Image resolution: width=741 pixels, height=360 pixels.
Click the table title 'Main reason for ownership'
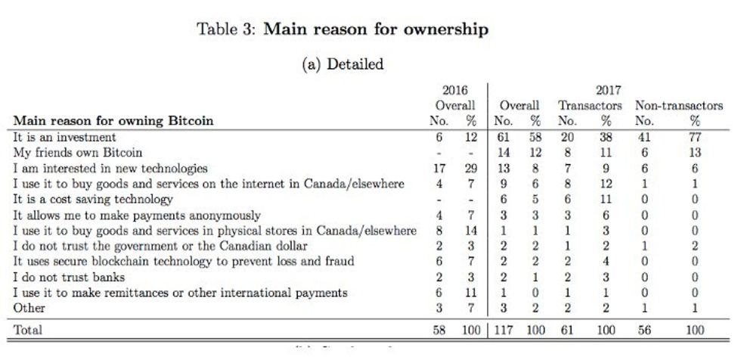click(x=376, y=29)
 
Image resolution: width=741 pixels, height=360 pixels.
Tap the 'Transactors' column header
click(x=590, y=105)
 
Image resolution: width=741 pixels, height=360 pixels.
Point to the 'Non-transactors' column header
click(x=679, y=105)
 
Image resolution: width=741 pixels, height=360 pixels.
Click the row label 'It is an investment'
click(x=65, y=137)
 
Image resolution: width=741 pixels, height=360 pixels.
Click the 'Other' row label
click(x=29, y=308)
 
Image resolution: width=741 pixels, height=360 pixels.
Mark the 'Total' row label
click(x=28, y=330)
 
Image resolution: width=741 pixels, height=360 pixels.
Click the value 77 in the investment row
click(x=695, y=137)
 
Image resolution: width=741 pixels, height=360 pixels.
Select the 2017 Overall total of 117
click(x=503, y=330)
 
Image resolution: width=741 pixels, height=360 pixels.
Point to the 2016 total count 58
click(x=438, y=330)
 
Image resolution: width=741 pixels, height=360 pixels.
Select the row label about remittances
click(x=180, y=292)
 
